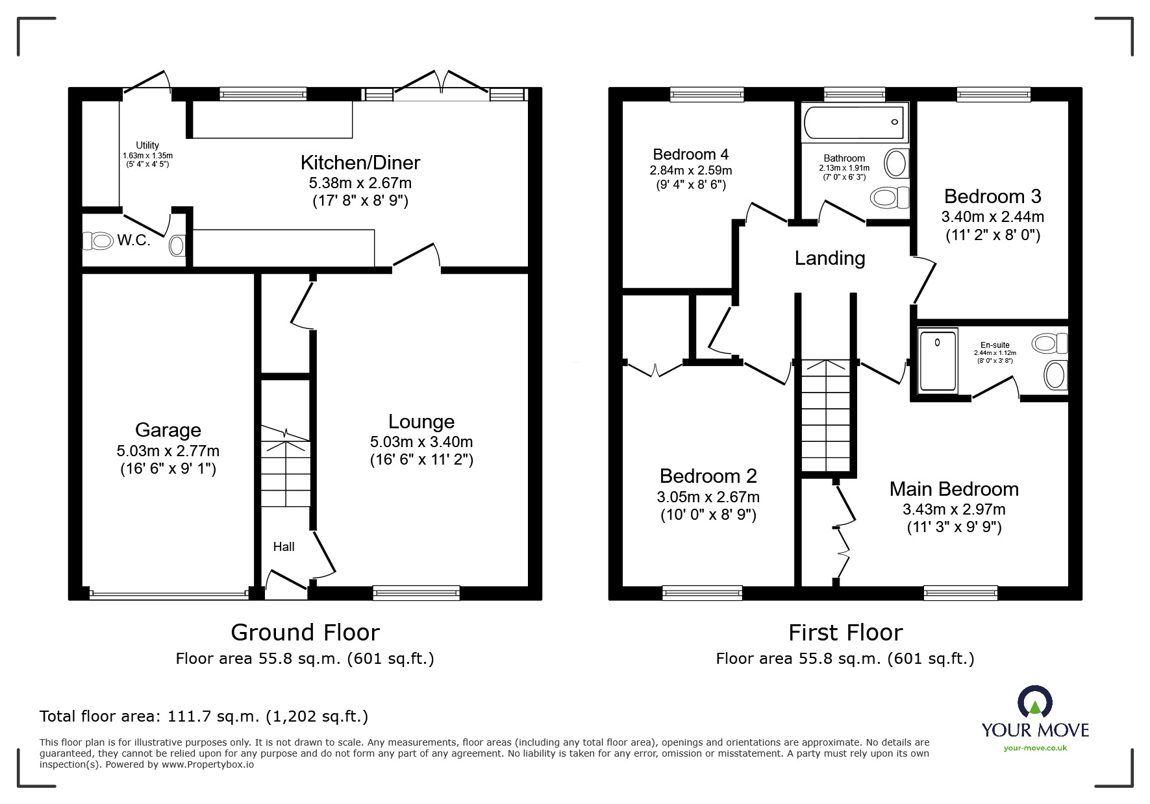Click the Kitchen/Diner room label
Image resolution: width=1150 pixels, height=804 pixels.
pos(360,163)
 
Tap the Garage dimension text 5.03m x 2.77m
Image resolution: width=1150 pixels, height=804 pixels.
pos(168,450)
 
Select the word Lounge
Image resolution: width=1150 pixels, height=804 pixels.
pos(421,422)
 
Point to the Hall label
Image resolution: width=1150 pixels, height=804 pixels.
pos(284,547)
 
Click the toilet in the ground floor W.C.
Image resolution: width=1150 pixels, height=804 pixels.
pos(98,241)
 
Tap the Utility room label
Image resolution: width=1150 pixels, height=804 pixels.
pos(147,145)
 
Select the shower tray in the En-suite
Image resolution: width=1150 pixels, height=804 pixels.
pos(938,361)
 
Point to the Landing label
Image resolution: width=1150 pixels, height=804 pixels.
pos(829,258)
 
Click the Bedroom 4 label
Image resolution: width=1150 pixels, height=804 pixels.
pos(690,154)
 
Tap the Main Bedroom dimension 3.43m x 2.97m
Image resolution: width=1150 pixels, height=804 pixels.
pos(953,509)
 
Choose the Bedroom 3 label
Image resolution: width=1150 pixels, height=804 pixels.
pos(992,196)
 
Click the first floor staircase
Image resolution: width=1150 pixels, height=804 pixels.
pos(825,415)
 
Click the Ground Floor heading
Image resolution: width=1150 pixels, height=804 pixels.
pos(305,632)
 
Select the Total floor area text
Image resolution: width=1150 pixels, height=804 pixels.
pos(204,716)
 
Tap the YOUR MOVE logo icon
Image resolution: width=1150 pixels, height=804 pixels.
pos(1034,701)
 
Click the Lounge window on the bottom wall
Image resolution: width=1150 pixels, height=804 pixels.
pos(416,592)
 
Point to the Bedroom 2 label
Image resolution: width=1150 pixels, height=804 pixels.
pos(708,476)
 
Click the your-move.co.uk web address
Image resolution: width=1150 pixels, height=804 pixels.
pos(1034,748)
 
